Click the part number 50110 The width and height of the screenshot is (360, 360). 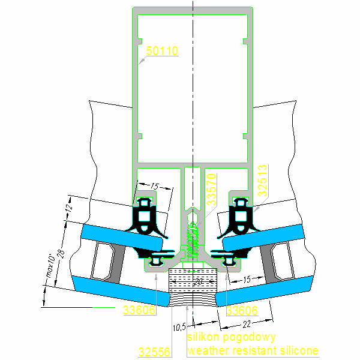point(162,52)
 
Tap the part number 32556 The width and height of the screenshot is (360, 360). point(154,351)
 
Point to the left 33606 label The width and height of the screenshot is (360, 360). point(139,310)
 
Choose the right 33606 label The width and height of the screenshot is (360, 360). point(242,310)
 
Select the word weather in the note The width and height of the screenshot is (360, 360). point(206,350)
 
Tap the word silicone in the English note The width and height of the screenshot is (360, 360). point(298,350)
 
